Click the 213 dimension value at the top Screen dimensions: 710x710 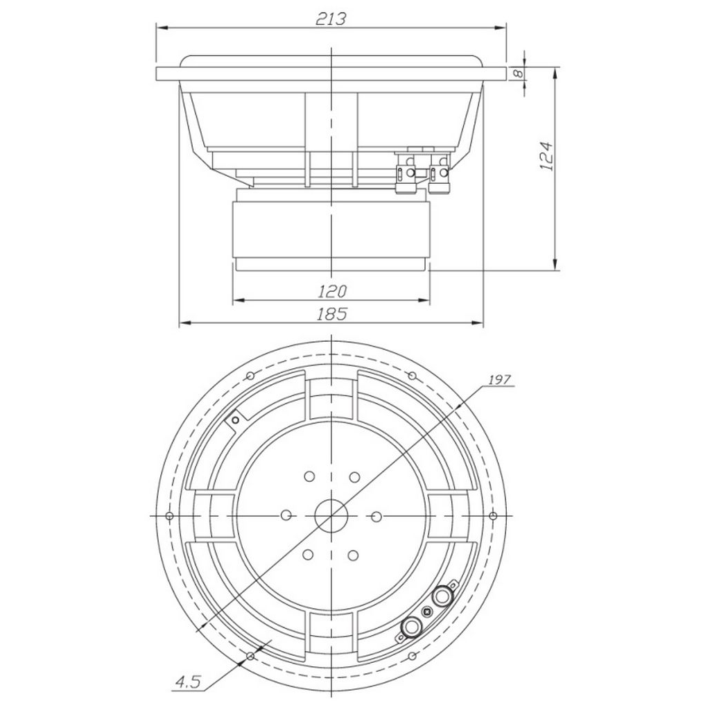(331, 19)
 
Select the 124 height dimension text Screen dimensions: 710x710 (547, 156)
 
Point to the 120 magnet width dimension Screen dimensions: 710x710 (331, 291)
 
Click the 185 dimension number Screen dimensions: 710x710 (331, 314)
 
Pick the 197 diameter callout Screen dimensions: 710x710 (500, 379)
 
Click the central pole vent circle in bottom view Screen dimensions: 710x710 (331, 516)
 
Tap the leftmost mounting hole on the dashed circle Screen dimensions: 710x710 (169, 516)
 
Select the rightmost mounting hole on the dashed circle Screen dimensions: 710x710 (494, 516)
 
